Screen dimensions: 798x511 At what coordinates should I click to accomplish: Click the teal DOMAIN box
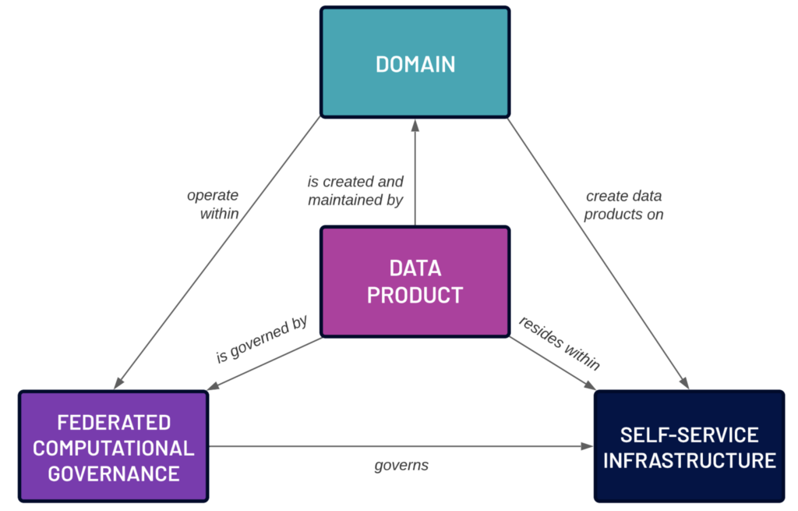(415, 62)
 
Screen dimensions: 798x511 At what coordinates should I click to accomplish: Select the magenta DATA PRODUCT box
(415, 281)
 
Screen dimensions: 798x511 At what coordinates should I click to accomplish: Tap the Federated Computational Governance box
(114, 446)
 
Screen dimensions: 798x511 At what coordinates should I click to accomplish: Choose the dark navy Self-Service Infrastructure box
(689, 446)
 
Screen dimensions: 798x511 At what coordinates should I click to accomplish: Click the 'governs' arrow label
(401, 465)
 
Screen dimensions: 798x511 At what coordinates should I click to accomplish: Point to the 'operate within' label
(213, 204)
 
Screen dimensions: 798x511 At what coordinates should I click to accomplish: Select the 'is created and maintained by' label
(355, 190)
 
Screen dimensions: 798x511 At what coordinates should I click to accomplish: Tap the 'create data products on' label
(623, 205)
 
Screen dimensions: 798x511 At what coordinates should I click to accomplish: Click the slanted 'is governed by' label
(262, 339)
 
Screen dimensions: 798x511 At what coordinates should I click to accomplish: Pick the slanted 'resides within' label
(560, 342)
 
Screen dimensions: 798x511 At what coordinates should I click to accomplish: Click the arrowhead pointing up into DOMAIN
(415, 126)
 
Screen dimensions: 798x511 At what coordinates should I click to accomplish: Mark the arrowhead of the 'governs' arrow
(588, 446)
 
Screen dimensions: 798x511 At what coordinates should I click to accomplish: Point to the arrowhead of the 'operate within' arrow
(119, 383)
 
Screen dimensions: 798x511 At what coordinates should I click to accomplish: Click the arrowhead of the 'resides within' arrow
(590, 385)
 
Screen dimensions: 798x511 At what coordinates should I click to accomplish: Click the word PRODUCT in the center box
(415, 295)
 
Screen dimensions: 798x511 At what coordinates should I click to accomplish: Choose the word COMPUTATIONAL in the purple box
(114, 449)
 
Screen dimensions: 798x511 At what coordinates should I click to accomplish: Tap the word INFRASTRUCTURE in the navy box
(689, 460)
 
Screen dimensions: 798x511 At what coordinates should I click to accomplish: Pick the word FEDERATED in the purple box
(114, 423)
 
